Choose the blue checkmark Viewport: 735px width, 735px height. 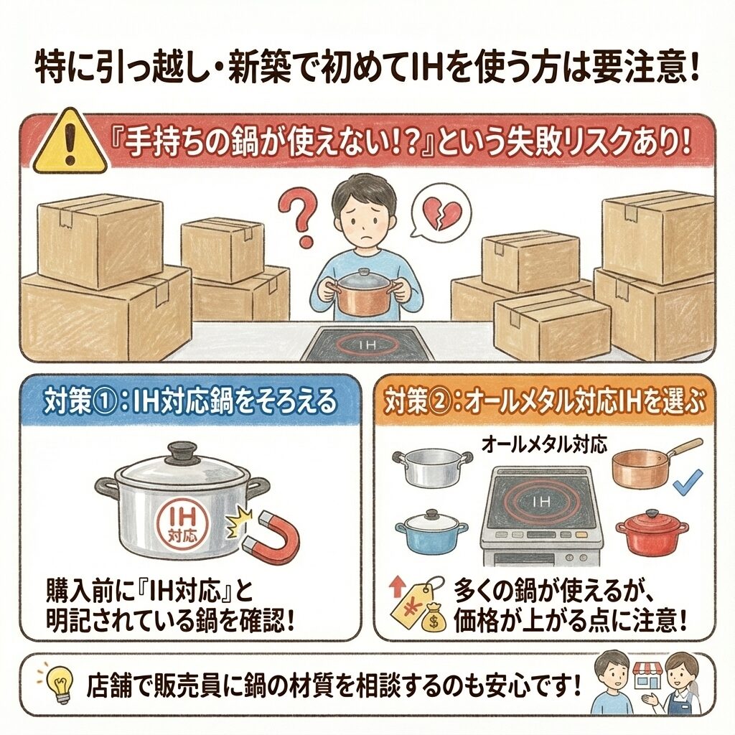[x=688, y=483]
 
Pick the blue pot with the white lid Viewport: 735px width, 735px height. [x=431, y=533]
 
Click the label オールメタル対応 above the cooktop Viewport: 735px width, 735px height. [x=545, y=444]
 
